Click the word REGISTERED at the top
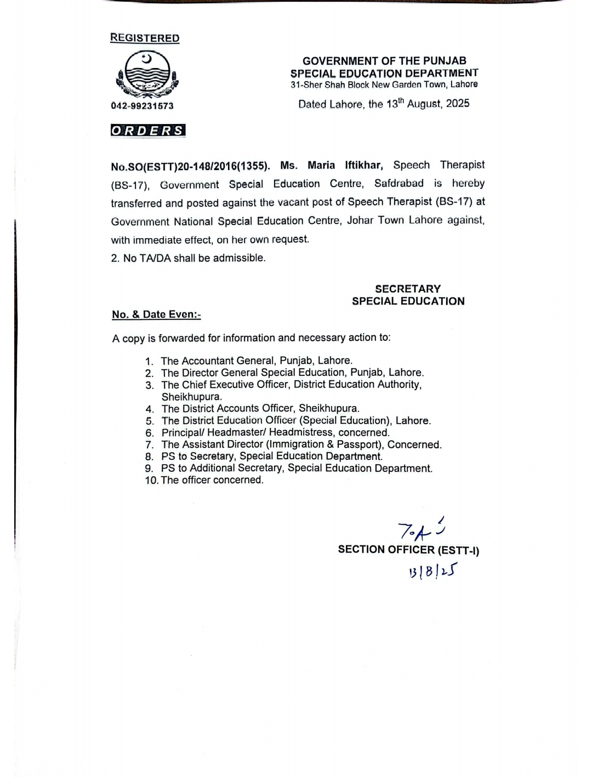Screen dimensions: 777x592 [x=145, y=38]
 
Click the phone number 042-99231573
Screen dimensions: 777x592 [x=142, y=106]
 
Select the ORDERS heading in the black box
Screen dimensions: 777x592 [x=148, y=131]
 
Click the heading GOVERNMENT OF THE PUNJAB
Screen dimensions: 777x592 [x=384, y=61]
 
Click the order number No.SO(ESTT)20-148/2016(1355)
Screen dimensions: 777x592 [x=190, y=166]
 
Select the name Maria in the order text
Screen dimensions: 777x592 [x=321, y=165]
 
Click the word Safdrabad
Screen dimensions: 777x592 [x=399, y=183]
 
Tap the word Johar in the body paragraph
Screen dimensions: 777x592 [x=360, y=220]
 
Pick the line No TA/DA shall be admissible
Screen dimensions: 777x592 [x=188, y=258]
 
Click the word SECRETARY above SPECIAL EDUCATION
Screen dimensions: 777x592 [x=408, y=289]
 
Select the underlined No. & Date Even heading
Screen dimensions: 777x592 [x=156, y=314]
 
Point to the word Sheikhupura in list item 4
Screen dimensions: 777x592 [x=328, y=408]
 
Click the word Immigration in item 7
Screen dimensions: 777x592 [x=295, y=444]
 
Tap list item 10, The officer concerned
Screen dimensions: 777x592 [x=212, y=480]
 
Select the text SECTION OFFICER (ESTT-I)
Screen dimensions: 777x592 [x=408, y=550]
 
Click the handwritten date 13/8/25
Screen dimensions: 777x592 [x=432, y=572]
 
